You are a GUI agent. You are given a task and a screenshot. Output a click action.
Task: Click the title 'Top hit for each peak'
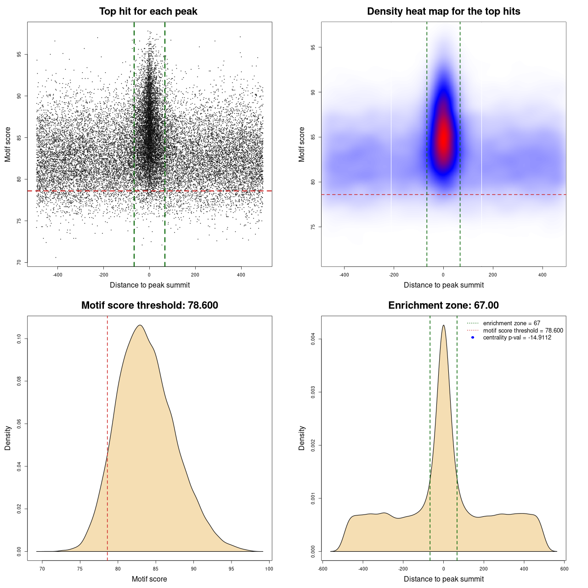148,11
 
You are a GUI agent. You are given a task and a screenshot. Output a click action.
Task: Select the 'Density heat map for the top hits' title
443,11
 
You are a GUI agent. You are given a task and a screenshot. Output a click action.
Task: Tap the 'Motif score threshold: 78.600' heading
149,305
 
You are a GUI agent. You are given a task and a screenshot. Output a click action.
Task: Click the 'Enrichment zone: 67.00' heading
443,305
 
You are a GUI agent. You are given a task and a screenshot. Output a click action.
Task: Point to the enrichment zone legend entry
511,323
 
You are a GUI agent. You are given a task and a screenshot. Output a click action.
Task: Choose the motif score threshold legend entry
523,331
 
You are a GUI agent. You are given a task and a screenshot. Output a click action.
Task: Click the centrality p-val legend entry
517,338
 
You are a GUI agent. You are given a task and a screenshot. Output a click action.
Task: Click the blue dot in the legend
473,338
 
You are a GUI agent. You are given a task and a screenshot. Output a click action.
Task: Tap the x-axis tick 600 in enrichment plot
565,569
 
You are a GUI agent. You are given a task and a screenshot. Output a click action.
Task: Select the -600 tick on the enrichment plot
322,569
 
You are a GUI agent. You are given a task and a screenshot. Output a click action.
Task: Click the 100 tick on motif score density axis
269,569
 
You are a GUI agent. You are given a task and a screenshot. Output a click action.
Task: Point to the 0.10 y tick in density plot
19,339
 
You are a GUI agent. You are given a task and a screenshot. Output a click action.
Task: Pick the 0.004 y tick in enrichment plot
313,339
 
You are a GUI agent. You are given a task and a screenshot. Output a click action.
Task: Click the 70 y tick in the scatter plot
19,262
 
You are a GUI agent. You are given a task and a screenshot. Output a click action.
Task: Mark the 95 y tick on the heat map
313,47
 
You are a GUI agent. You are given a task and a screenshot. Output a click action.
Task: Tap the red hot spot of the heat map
443,138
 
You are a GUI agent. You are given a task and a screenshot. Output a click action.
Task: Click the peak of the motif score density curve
140,325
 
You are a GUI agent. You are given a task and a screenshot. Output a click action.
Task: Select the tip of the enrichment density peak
443,325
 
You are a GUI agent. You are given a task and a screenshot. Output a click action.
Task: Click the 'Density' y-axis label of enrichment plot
302,438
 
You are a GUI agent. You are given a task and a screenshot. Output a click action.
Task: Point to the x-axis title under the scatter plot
150,285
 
